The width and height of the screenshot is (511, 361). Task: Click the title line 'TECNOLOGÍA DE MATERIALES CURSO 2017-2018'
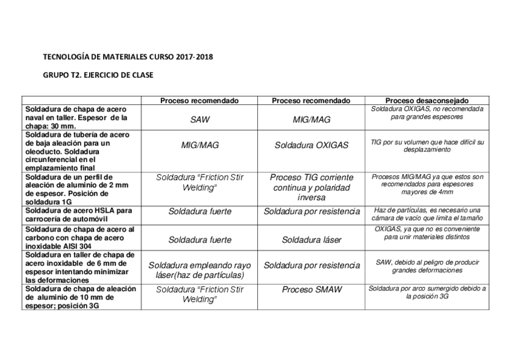tap(128, 57)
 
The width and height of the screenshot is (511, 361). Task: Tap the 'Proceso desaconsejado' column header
tap(427, 101)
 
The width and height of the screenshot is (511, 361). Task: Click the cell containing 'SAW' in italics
tap(199, 120)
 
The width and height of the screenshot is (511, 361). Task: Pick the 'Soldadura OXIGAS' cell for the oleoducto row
tap(312, 145)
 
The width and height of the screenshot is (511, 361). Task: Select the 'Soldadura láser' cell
tap(312, 240)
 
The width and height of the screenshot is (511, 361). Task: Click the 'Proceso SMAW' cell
tap(312, 290)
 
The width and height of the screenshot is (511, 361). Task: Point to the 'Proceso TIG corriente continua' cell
tap(312, 188)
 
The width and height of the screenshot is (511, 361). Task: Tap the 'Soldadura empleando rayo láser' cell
tap(199, 269)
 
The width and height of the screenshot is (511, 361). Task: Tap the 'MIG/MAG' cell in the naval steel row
tap(312, 120)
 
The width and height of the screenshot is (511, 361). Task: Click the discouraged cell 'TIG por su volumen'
tap(427, 145)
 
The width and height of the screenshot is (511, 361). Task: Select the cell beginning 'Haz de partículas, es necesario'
tap(427, 214)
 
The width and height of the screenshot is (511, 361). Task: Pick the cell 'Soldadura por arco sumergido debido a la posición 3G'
tap(427, 292)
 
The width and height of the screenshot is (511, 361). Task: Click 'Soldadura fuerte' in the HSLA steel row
tap(199, 212)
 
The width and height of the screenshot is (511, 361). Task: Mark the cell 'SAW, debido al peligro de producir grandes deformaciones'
tap(427, 266)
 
